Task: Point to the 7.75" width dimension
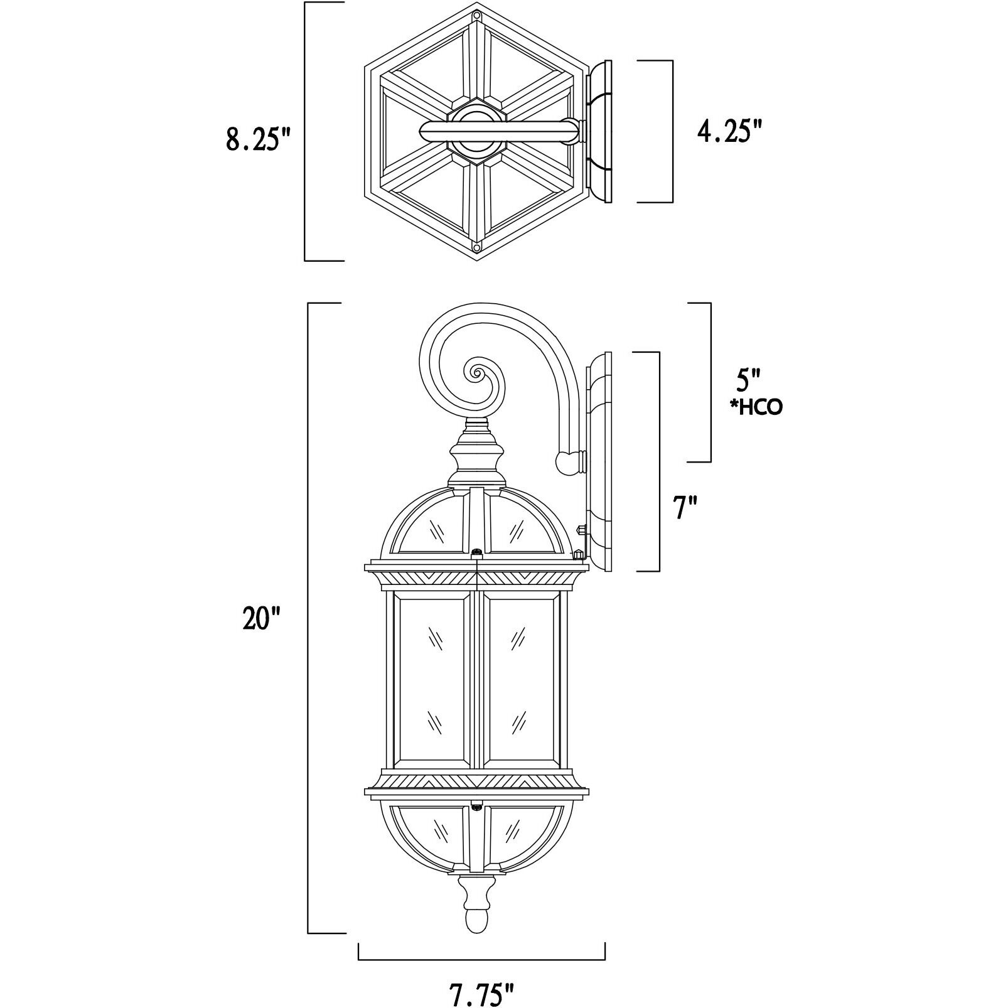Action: [x=481, y=994]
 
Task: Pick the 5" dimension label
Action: [x=748, y=380]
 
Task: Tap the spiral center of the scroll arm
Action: [x=476, y=375]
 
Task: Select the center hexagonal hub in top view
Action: [x=476, y=131]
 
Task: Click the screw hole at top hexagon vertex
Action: [x=477, y=15]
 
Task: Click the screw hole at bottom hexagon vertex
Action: [x=477, y=248]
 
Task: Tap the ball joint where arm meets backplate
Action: [x=567, y=463]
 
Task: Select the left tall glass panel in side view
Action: [x=431, y=682]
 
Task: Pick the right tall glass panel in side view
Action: [x=520, y=682]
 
